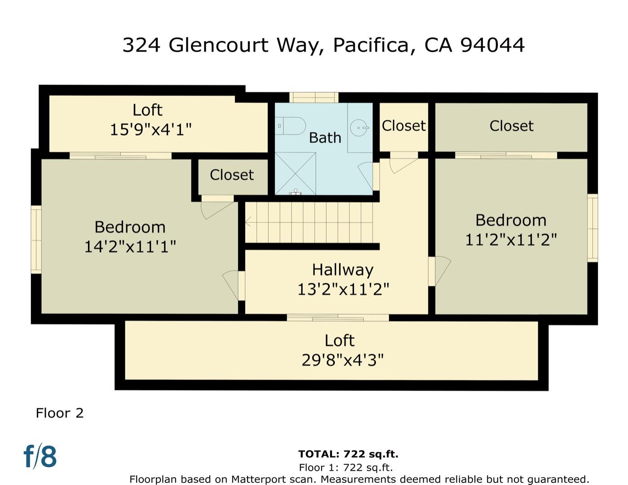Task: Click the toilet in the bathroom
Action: click(x=291, y=126)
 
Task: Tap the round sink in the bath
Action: click(x=359, y=128)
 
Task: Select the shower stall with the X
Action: click(x=295, y=173)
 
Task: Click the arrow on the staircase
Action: click(x=248, y=222)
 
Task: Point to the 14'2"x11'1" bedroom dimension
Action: click(x=130, y=247)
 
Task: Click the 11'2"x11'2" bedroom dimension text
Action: click(x=511, y=240)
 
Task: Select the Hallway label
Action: click(x=343, y=269)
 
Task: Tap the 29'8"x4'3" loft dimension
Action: click(x=342, y=360)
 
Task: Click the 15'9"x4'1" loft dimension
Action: click(x=150, y=130)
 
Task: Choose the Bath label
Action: click(x=325, y=137)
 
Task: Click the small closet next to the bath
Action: click(x=403, y=126)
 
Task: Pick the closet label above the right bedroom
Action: click(x=511, y=126)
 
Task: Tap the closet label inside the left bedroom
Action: click(x=232, y=175)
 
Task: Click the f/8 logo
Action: click(x=40, y=456)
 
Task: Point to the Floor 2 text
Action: click(x=60, y=413)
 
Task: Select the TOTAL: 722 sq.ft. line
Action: click(x=348, y=454)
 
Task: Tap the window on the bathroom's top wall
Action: click(x=314, y=97)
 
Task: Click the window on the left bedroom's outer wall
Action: click(x=36, y=239)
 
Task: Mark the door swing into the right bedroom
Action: click(x=441, y=270)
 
